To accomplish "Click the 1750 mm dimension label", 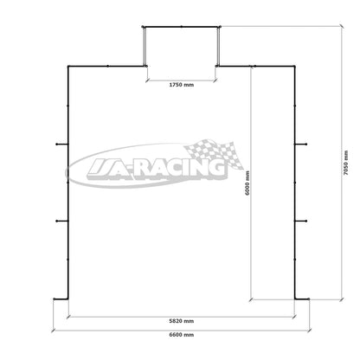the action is coord(182,85).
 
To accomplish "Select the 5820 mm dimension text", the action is coord(182,321).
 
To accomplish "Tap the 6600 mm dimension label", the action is coord(182,335).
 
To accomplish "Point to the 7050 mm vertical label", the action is coord(346,163).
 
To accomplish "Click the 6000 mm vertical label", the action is coord(247,183).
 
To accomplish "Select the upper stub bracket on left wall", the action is coord(62,144).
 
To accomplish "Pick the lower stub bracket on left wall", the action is coord(62,221).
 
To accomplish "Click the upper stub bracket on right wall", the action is coord(300,144).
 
